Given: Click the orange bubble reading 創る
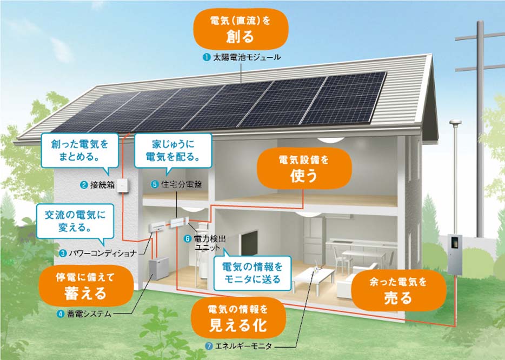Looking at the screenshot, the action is point(240,29).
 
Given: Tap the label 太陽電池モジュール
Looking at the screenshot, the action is point(247,57).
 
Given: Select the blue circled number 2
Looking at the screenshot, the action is point(84,185).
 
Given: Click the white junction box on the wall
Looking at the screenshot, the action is point(123,185).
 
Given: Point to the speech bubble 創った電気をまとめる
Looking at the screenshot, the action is point(80,151).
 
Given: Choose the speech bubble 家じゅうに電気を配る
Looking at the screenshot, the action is point(173,151).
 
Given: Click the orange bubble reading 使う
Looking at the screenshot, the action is point(304,169).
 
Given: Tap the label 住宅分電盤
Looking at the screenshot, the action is point(181,184).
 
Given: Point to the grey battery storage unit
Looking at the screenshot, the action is point(158,268).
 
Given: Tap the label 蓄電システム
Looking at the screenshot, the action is point(89,314).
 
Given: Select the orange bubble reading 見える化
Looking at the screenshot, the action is point(238,318).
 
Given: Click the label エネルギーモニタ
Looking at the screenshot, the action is point(243,346).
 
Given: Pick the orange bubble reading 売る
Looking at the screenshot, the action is point(398,290).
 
